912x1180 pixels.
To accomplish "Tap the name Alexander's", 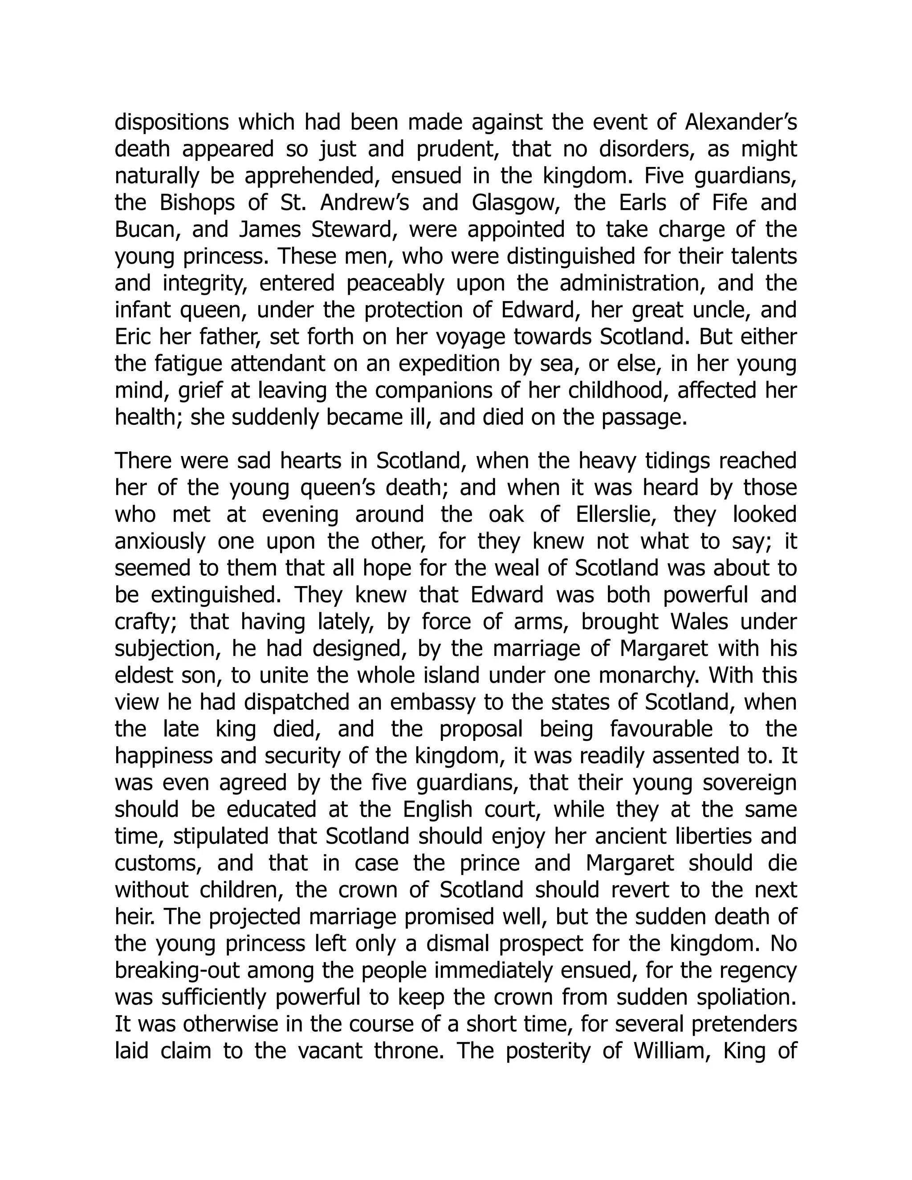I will pyautogui.click(x=741, y=123).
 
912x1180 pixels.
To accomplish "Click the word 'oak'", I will pyautogui.click(x=506, y=515).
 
